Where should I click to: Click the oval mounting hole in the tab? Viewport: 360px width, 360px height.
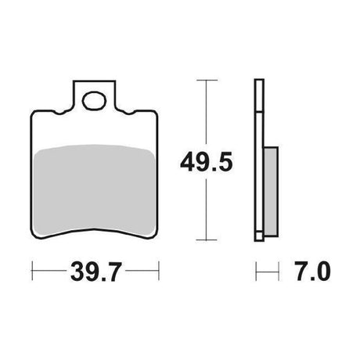coord(94,100)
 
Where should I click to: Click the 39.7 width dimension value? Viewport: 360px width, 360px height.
coord(96,272)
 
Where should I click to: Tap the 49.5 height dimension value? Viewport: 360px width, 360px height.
coord(206,162)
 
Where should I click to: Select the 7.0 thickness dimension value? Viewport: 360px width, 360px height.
coord(313,272)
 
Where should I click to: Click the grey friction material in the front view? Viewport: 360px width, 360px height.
coord(95,190)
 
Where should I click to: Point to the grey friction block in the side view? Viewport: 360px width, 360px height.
coord(271,192)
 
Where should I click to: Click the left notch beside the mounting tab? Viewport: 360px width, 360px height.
coord(60,112)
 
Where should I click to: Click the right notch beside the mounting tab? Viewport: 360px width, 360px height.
coord(128,112)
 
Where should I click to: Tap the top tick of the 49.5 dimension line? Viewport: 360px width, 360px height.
coord(207,80)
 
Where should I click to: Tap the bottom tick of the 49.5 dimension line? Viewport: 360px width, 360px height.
coord(207,239)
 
